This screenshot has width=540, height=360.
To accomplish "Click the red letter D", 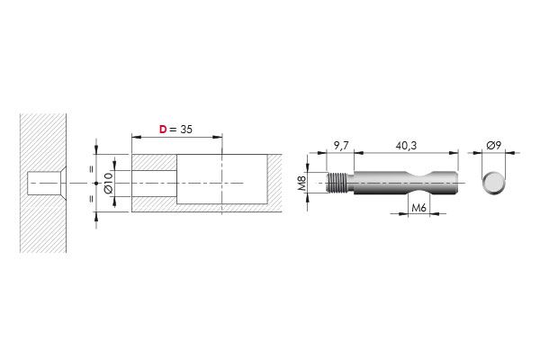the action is pos(163,130).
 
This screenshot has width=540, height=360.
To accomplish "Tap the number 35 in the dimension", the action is pos(186,130).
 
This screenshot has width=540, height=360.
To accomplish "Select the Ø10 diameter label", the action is pos(108,184).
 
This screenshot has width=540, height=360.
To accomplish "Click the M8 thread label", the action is pos(302,184).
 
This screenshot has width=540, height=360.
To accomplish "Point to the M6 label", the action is pos(418,208).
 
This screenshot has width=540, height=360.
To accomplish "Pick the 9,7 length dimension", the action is pos(341,146).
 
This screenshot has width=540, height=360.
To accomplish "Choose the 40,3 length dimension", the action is pos(406,146).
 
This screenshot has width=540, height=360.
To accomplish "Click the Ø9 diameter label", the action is pos(493,146).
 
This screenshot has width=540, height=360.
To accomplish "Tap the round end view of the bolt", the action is pos(493,183).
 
